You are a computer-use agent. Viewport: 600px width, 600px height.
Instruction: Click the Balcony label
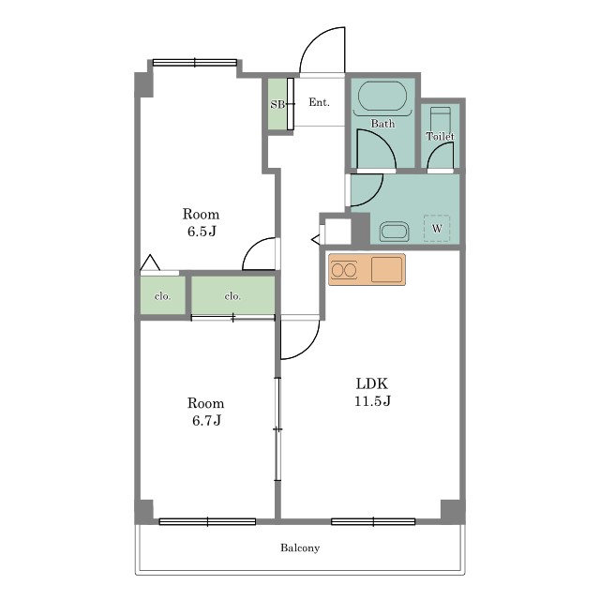tap(300, 547)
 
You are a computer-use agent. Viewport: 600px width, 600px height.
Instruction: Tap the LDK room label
tap(372, 383)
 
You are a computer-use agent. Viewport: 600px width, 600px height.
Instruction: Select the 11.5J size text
tap(372, 401)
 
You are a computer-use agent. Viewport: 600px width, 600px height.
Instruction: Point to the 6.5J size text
tap(202, 232)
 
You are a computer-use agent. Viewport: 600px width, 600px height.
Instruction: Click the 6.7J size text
tap(206, 421)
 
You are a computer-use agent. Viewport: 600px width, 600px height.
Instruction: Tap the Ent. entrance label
tap(319, 102)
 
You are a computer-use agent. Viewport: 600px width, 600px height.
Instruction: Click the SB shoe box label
tap(277, 104)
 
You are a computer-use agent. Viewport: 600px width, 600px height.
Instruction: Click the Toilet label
tap(440, 136)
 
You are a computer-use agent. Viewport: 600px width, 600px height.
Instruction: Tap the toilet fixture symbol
tap(440, 119)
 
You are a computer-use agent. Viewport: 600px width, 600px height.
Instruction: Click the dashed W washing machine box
tap(437, 229)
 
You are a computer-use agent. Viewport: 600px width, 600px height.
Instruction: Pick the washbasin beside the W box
tap(394, 232)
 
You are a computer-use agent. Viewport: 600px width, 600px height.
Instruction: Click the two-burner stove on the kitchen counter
tap(344, 270)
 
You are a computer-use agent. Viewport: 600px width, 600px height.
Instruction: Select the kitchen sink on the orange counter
tap(387, 270)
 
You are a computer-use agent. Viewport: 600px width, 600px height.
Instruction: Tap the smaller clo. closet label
tap(162, 296)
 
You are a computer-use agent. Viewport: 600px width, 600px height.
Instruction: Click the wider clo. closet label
tap(232, 296)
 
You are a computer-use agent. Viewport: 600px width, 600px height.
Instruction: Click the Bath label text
tap(382, 124)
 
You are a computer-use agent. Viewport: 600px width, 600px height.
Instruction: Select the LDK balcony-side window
tap(373, 521)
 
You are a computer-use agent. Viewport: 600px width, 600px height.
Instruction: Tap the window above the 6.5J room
tap(195, 63)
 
